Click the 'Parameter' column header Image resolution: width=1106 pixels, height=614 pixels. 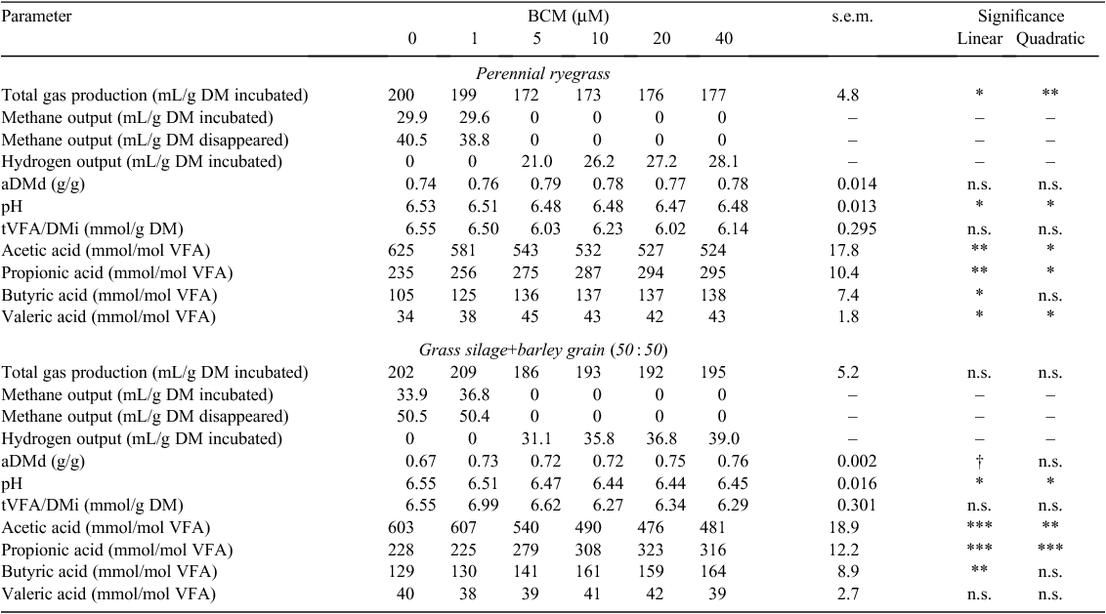[x=37, y=17]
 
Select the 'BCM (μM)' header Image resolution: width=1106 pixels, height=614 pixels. [x=568, y=17]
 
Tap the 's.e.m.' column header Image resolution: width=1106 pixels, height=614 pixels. [x=852, y=17]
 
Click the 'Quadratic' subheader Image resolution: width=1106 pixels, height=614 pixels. [x=1049, y=39]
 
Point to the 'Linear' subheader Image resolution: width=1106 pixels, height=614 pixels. [x=980, y=39]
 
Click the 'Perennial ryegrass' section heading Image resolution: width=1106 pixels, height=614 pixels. [x=542, y=73]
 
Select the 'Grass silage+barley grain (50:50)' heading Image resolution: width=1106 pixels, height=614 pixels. [x=543, y=349]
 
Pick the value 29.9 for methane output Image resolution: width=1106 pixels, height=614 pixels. [x=412, y=118]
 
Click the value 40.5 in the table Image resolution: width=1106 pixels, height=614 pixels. [x=412, y=140]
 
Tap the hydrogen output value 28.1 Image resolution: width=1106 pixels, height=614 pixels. [x=724, y=161]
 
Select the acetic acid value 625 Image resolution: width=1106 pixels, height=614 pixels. [x=401, y=250]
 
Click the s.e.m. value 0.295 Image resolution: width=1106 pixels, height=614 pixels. [x=857, y=228]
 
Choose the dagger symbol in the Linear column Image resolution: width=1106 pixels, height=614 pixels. [x=980, y=461]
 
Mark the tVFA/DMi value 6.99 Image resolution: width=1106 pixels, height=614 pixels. [x=484, y=506]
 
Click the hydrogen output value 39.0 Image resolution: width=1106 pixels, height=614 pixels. [x=724, y=439]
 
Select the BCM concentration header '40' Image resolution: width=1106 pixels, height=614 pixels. [x=724, y=39]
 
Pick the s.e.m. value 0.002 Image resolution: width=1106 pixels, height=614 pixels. [x=857, y=461]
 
